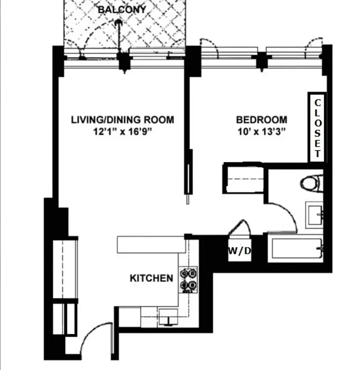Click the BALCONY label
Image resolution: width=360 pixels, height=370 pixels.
coord(122,9)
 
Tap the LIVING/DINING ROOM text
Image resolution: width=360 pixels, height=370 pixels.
coord(122,120)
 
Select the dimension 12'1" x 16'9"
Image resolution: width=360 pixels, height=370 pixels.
coord(122,131)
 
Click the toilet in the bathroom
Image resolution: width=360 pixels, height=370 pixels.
coord(313,183)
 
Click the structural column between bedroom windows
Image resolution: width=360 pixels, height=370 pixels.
coord(262,60)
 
